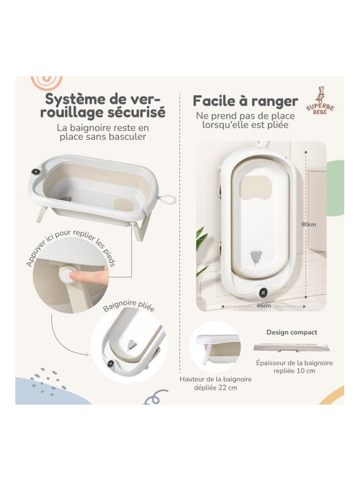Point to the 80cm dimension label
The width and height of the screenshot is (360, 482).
point(308,224)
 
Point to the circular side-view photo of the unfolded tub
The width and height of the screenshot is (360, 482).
point(214,345)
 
